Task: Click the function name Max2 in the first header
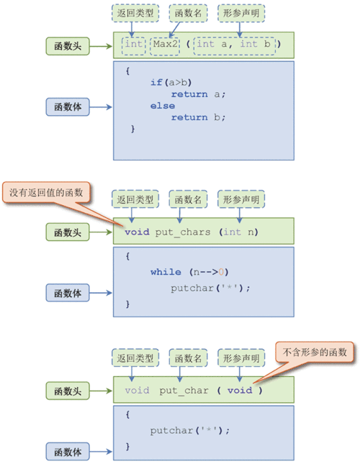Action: pyautogui.click(x=165, y=45)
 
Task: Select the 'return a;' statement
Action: pyautogui.click(x=198, y=94)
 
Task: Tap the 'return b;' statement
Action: pyautogui.click(x=198, y=117)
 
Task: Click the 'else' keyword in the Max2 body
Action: pyautogui.click(x=163, y=105)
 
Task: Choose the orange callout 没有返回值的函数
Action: pyautogui.click(x=47, y=193)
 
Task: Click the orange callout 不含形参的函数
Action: pyautogui.click(x=314, y=352)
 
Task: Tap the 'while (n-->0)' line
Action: pyautogui.click(x=189, y=272)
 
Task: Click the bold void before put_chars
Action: pyautogui.click(x=136, y=232)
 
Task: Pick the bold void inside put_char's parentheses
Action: pyautogui.click(x=240, y=391)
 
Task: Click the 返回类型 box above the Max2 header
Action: pyautogui.click(x=135, y=12)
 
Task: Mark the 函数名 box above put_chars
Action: pyautogui.click(x=188, y=199)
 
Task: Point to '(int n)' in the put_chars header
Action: pyautogui.click(x=240, y=232)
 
